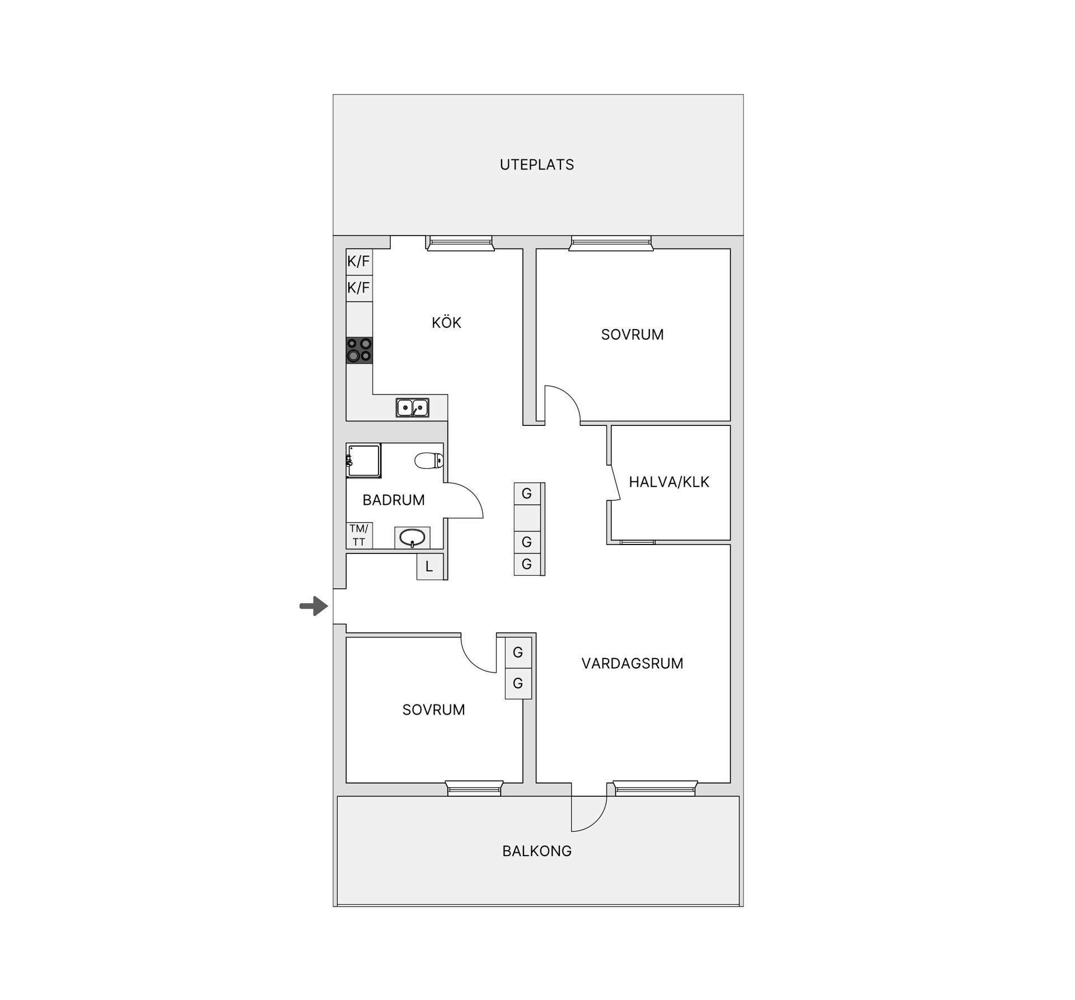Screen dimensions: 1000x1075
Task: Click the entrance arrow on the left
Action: click(314, 605)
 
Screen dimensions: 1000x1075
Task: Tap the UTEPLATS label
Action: click(536, 165)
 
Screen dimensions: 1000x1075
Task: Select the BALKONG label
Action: click(536, 851)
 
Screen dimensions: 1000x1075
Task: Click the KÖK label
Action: click(446, 322)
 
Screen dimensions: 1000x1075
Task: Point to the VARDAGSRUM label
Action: click(632, 663)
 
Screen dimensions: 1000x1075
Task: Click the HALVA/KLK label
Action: click(669, 482)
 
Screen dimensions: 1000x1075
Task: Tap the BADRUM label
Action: click(393, 500)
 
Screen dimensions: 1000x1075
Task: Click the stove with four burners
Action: click(359, 350)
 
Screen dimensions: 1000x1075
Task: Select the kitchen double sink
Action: click(412, 408)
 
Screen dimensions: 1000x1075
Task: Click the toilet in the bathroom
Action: click(429, 461)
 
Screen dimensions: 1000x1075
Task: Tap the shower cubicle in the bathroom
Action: click(363, 461)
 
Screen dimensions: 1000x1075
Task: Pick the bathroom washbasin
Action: click(412, 538)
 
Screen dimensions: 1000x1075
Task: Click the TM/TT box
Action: click(359, 536)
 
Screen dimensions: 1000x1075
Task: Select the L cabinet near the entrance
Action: click(429, 566)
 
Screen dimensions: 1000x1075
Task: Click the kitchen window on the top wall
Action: click(460, 242)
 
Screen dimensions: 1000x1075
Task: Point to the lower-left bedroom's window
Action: click(474, 789)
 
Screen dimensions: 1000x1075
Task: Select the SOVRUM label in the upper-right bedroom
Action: click(632, 334)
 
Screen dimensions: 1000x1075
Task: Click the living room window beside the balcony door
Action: click(655, 789)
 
